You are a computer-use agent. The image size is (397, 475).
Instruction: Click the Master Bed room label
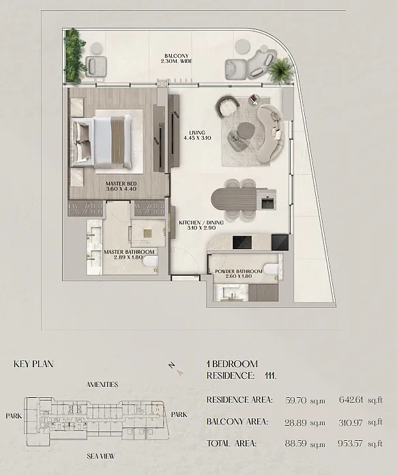pyautogui.click(x=121, y=186)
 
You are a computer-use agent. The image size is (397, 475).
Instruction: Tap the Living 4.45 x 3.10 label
pyautogui.click(x=197, y=135)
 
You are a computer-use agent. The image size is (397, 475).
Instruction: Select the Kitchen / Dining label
pyautogui.click(x=201, y=225)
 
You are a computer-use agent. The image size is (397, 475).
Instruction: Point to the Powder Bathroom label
pyautogui.click(x=239, y=274)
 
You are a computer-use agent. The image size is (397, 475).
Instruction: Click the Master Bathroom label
pyautogui.click(x=129, y=255)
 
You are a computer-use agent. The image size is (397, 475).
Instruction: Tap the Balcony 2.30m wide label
pyautogui.click(x=177, y=59)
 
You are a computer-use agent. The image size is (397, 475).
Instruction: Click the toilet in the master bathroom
pyautogui.click(x=150, y=261)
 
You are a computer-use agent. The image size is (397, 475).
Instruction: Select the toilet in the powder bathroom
pyautogui.click(x=271, y=268)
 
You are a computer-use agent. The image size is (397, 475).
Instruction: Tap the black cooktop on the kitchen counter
pyautogui.click(x=242, y=242)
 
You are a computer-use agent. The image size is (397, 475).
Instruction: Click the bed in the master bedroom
pyautogui.click(x=102, y=142)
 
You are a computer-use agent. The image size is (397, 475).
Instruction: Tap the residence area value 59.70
pyautogui.click(x=296, y=400)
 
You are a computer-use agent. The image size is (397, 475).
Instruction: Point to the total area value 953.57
pyautogui.click(x=350, y=444)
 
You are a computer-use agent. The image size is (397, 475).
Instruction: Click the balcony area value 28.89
pyautogui.click(x=295, y=422)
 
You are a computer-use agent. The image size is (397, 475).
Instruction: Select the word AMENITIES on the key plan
pyautogui.click(x=102, y=385)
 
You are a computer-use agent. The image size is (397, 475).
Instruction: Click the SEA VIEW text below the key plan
pyautogui.click(x=101, y=456)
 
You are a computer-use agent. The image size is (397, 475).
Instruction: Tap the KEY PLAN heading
pyautogui.click(x=33, y=364)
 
